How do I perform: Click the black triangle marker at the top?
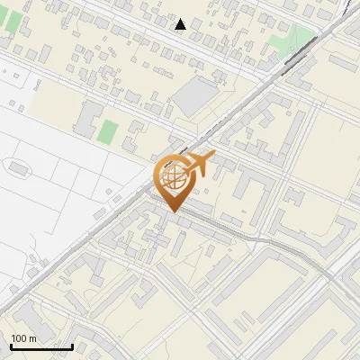pos(181,24)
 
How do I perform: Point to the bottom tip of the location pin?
pos(175,211)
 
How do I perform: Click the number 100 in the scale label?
pos(20,338)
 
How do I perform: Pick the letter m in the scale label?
pos(33,338)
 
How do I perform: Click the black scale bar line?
pos(41,346)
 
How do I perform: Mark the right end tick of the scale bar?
pos(72,345)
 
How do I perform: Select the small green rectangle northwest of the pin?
pos(108,132)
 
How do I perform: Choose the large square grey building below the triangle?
pos(197,96)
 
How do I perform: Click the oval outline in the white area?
pos(18,167)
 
